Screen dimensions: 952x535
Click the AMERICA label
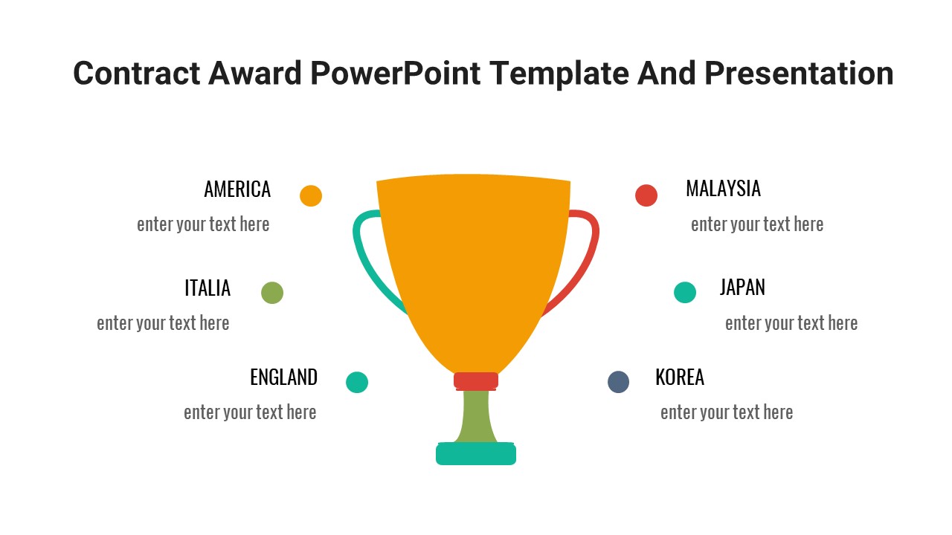(x=237, y=189)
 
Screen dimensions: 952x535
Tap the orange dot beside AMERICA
(x=311, y=195)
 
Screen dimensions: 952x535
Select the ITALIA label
(x=208, y=288)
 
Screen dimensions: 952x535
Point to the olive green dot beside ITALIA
(x=272, y=293)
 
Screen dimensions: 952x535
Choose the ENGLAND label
(x=283, y=377)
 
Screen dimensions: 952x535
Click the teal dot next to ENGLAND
(x=357, y=382)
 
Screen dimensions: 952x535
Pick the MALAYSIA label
(x=723, y=189)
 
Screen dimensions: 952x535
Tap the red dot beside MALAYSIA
(x=646, y=195)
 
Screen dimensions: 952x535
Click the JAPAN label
(x=742, y=288)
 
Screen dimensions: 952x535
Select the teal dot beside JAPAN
(x=685, y=292)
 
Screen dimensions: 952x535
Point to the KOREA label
(x=680, y=377)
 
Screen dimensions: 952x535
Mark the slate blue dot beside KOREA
(x=618, y=382)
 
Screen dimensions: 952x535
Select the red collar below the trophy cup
(x=476, y=381)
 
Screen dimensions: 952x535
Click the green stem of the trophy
(x=476, y=417)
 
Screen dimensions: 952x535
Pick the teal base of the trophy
(x=476, y=453)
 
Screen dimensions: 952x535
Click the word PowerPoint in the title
(x=395, y=74)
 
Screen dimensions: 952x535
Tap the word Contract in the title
(x=136, y=74)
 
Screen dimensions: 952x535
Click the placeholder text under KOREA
(x=727, y=412)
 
